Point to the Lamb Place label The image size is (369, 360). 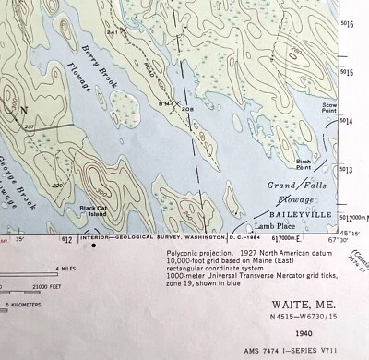coord(274,225)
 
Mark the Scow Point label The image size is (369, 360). coord(353,108)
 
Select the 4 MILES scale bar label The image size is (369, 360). coord(65,269)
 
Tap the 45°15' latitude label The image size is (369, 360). coord(354,232)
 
